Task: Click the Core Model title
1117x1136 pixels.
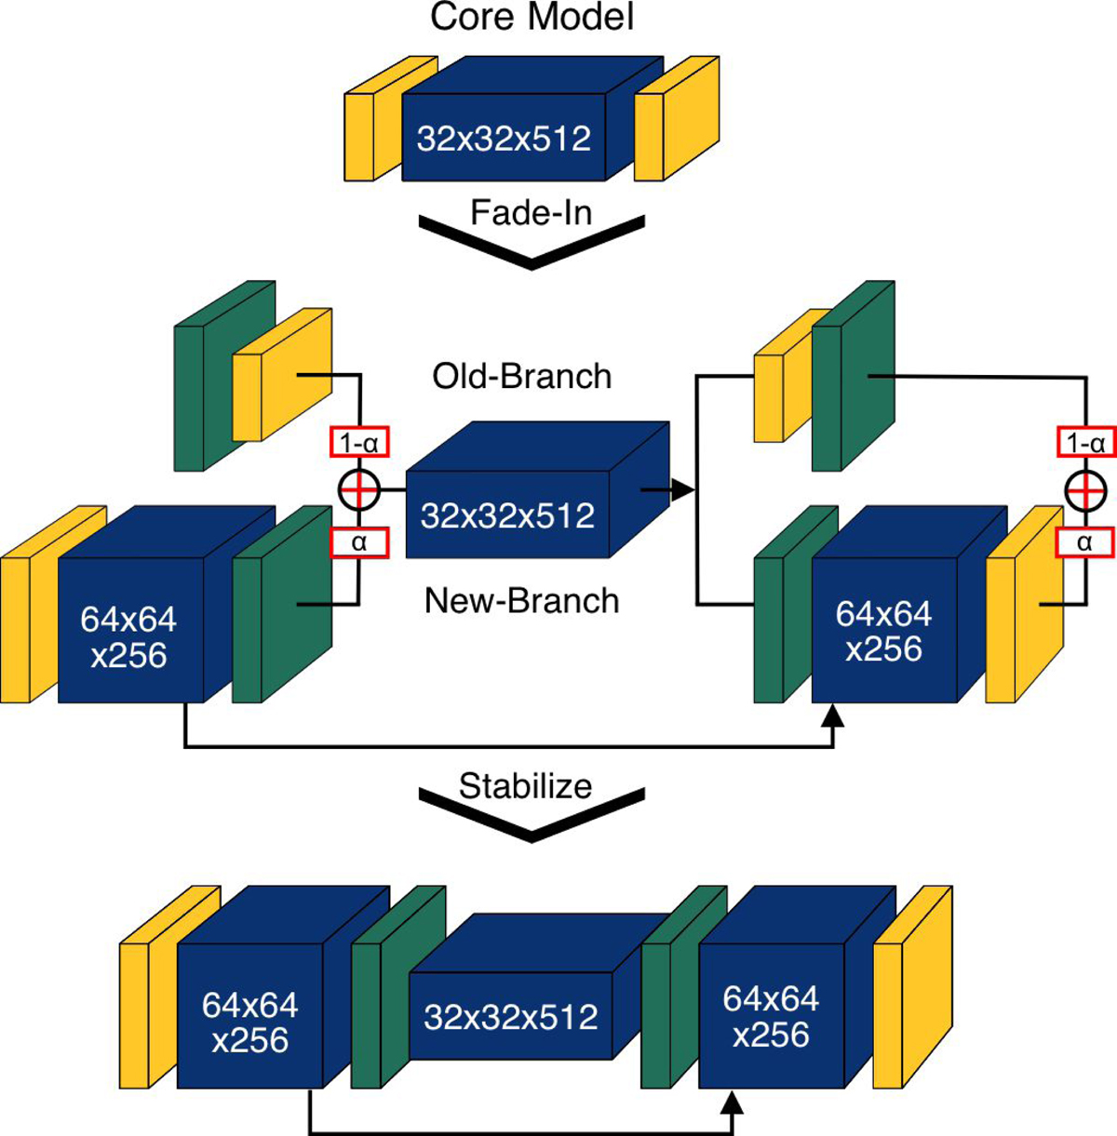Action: click(532, 18)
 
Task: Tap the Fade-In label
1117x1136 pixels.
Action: click(531, 213)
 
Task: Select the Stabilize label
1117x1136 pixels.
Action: click(526, 786)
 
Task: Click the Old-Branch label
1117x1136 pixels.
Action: click(522, 376)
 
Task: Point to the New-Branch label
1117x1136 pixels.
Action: click(521, 601)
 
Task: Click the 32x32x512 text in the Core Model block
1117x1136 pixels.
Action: click(504, 139)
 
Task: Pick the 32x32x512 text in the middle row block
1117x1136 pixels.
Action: click(507, 515)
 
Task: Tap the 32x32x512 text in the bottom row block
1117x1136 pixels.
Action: click(510, 1017)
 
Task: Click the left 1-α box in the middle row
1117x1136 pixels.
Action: click(358, 443)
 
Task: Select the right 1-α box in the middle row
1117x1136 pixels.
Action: click(1085, 443)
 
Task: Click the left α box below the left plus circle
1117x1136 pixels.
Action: click(358, 542)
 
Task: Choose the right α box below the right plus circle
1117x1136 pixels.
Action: click(1085, 542)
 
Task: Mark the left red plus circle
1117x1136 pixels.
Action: click(358, 490)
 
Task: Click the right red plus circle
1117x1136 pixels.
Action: click(1085, 490)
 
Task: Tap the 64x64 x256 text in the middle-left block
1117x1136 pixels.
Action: click(128, 637)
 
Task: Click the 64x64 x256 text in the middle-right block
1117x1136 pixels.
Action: click(883, 631)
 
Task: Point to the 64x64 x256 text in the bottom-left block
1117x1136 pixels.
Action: click(249, 1022)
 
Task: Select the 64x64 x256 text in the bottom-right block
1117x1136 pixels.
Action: click(771, 1017)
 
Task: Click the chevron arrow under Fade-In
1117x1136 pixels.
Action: click(532, 244)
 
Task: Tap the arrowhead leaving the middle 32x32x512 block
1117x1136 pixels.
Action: click(682, 489)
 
